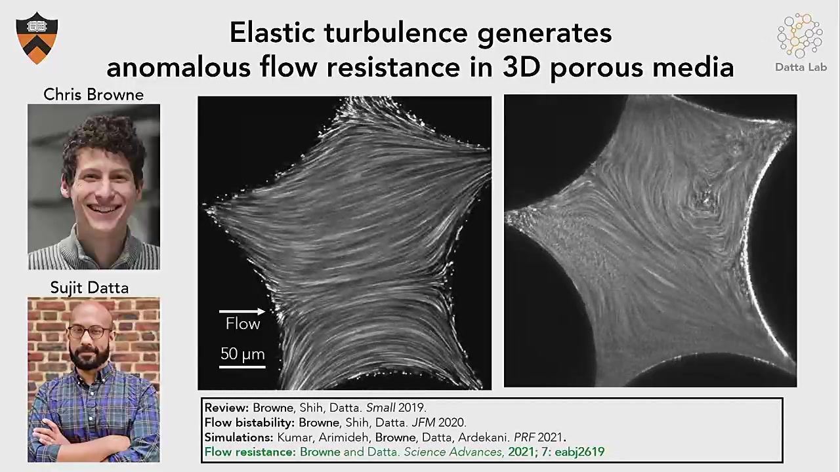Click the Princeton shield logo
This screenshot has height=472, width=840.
tap(37, 37)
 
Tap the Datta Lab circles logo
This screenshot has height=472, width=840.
tap(800, 35)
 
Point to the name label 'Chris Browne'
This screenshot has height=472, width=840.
tap(93, 94)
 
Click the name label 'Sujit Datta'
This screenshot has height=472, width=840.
tap(89, 288)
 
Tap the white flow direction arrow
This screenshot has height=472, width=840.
tap(242, 311)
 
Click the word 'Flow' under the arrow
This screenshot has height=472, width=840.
tap(243, 324)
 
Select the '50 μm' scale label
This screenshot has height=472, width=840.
tap(242, 354)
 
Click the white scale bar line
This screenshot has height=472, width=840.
tap(242, 366)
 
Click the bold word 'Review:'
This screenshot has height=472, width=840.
tap(226, 408)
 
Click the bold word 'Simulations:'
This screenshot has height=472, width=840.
tap(238, 437)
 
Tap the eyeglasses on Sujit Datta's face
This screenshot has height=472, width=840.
tap(89, 332)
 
